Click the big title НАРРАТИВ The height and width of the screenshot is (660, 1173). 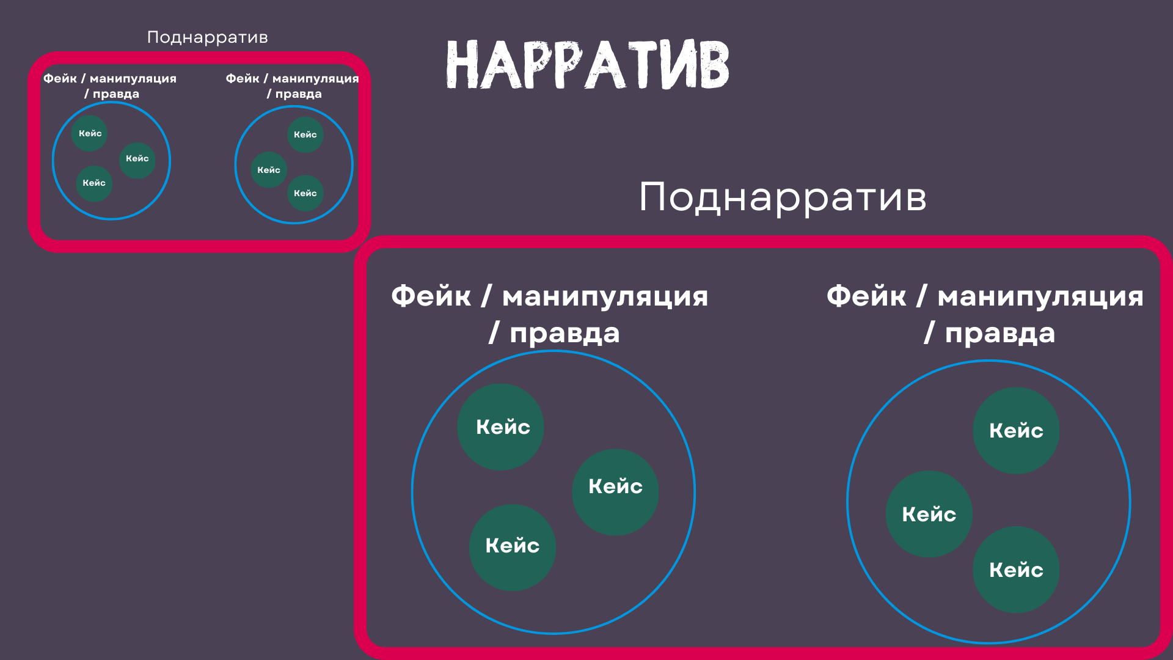588,65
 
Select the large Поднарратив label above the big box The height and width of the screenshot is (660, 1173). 783,197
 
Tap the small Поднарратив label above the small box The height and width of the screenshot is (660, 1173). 208,37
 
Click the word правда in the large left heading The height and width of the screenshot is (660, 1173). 565,334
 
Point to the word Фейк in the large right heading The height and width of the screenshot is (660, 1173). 866,296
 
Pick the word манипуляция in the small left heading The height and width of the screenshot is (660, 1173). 133,79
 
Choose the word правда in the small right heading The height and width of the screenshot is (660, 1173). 298,94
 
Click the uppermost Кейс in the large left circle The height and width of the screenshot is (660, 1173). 503,427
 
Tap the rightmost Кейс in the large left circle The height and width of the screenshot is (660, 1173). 615,486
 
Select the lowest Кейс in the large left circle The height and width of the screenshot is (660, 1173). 512,545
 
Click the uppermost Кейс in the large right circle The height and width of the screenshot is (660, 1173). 1016,430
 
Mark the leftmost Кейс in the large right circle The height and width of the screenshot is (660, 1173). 929,514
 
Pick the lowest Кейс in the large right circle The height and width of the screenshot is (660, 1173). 1016,570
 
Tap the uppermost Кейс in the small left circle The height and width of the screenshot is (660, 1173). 90,133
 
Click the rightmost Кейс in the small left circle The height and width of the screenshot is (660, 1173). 137,158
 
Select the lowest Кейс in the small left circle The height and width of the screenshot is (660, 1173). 94,183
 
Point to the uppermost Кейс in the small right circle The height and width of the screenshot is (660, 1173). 305,134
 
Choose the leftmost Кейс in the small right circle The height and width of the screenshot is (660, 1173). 268,170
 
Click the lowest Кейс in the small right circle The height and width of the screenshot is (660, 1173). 305,193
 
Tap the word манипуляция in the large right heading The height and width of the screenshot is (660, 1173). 1040,297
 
